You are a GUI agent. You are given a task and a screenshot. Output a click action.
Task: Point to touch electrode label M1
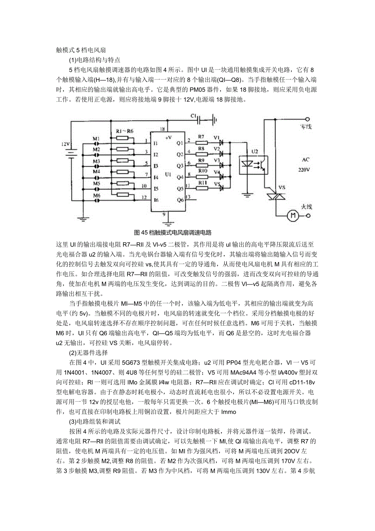pyautogui.click(x=96, y=139)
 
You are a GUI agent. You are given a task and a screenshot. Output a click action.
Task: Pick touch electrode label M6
pyautogui.click(x=96, y=195)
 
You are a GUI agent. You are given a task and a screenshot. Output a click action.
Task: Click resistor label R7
pyautogui.click(x=201, y=137)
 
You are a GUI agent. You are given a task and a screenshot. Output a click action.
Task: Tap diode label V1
pyautogui.click(x=216, y=137)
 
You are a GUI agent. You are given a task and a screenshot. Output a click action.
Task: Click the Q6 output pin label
pyautogui.click(x=180, y=200)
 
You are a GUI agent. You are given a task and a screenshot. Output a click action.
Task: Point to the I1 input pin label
pyautogui.click(x=155, y=144)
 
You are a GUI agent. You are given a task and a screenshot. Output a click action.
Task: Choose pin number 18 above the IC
pyautogui.click(x=163, y=129)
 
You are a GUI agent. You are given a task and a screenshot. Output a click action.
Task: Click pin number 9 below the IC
pyautogui.click(x=165, y=214)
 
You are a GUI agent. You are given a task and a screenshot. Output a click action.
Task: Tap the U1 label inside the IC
pyautogui.click(x=167, y=174)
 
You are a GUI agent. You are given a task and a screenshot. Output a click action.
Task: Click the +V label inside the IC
pyautogui.click(x=168, y=138)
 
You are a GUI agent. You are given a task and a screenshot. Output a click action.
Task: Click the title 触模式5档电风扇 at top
pyautogui.click(x=80, y=51)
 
